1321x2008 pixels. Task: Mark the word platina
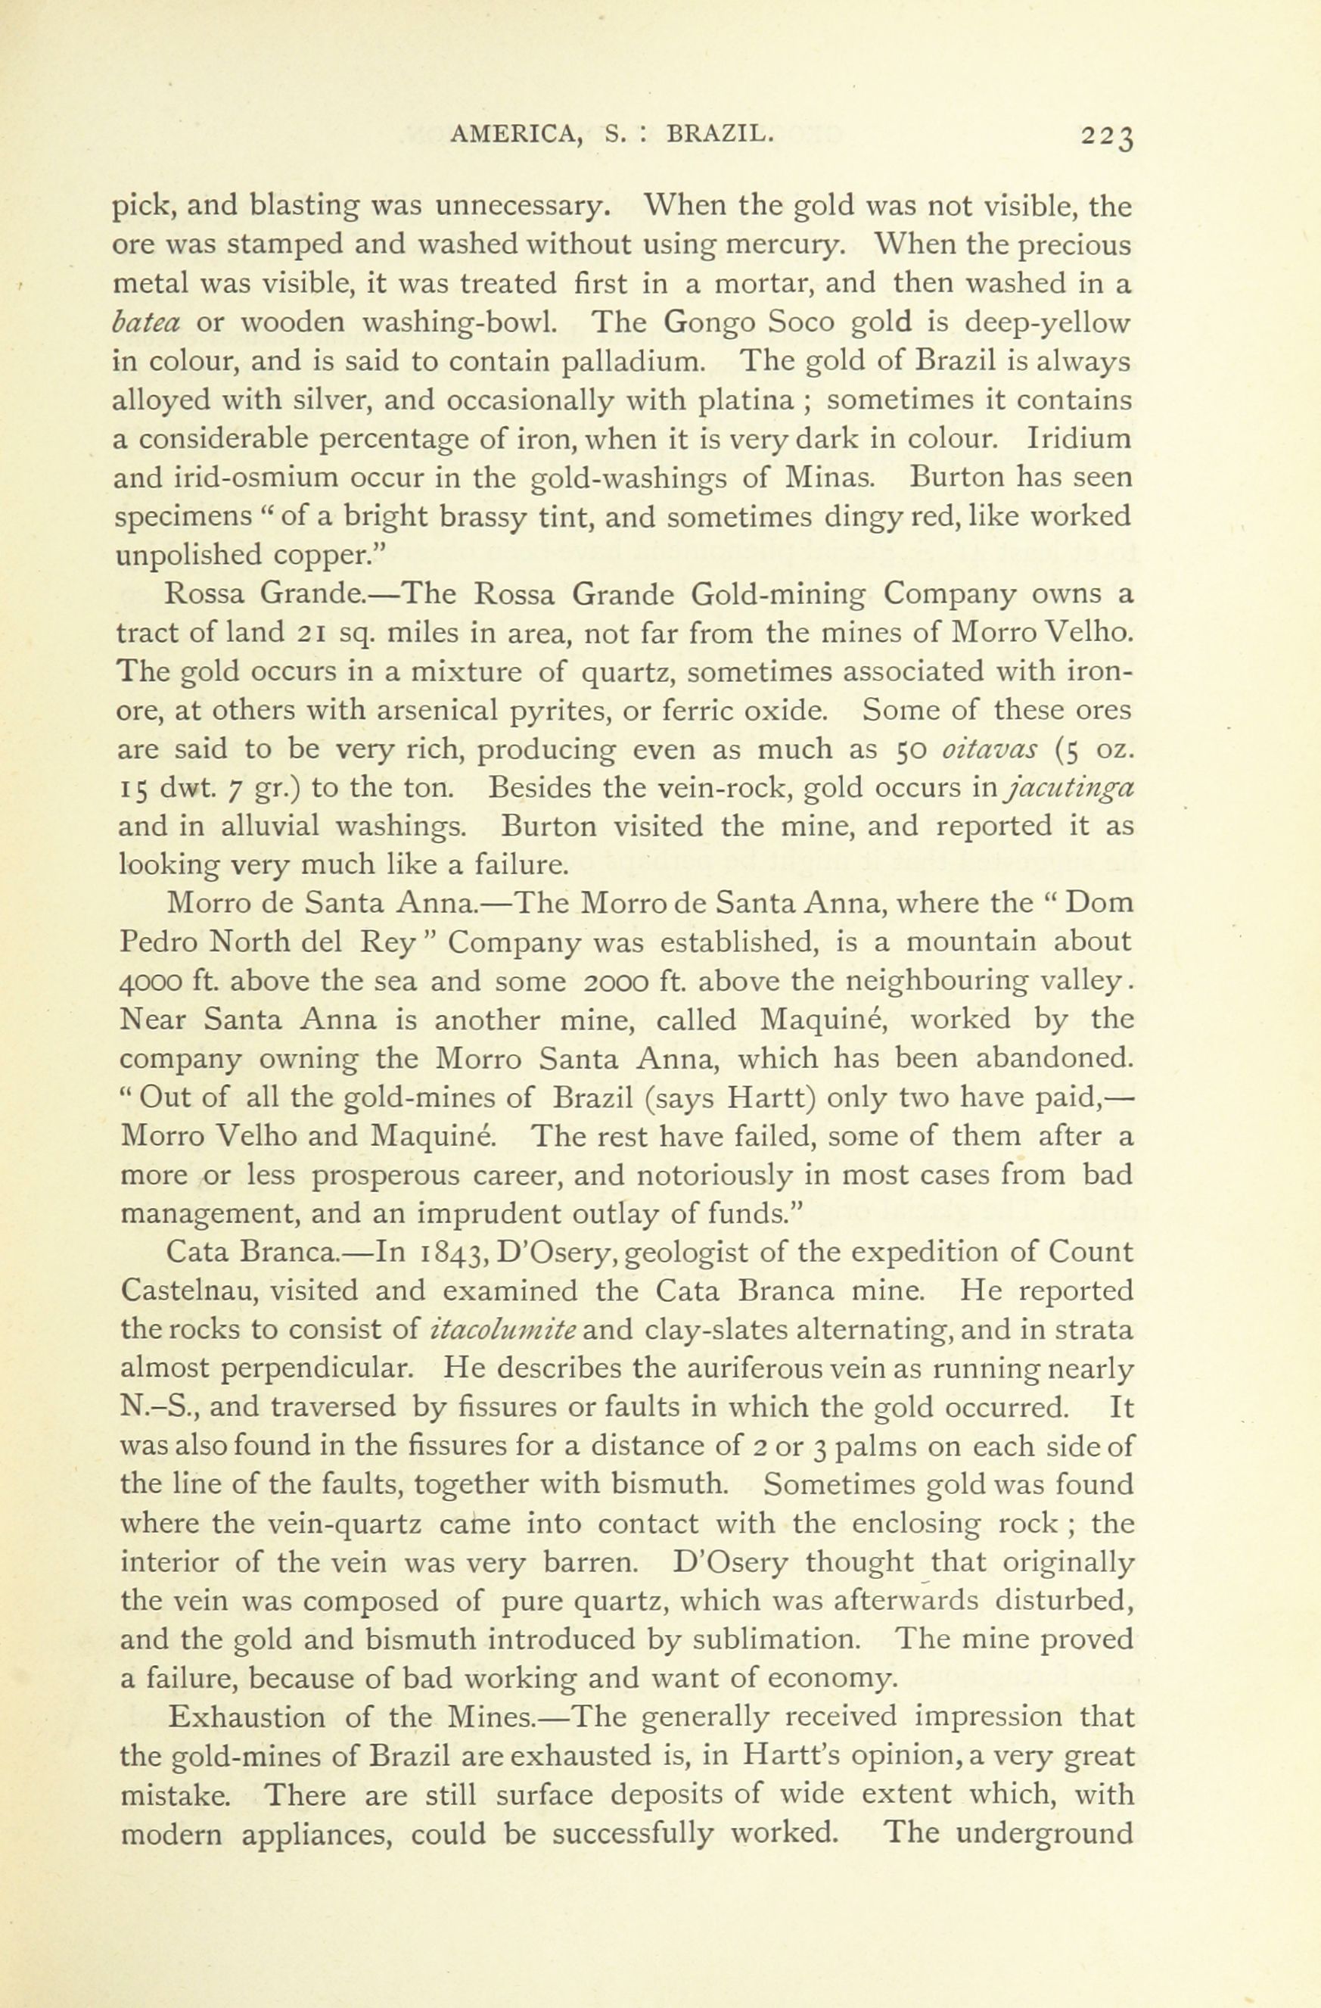748,400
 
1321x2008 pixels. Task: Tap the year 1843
455,1251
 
